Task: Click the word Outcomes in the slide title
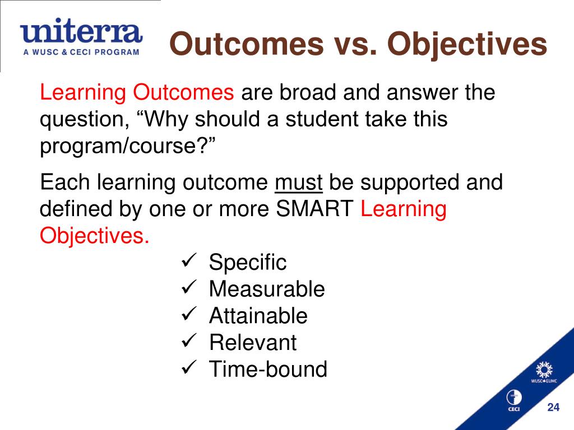(247, 45)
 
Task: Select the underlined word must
(298, 183)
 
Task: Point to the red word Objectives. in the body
(95, 236)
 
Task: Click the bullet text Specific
(247, 262)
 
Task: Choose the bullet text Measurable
(266, 289)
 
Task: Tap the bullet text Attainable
(258, 316)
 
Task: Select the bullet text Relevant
(252, 343)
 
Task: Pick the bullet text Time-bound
(267, 370)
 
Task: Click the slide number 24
(553, 408)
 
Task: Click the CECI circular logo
(513, 399)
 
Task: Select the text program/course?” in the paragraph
(128, 146)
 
